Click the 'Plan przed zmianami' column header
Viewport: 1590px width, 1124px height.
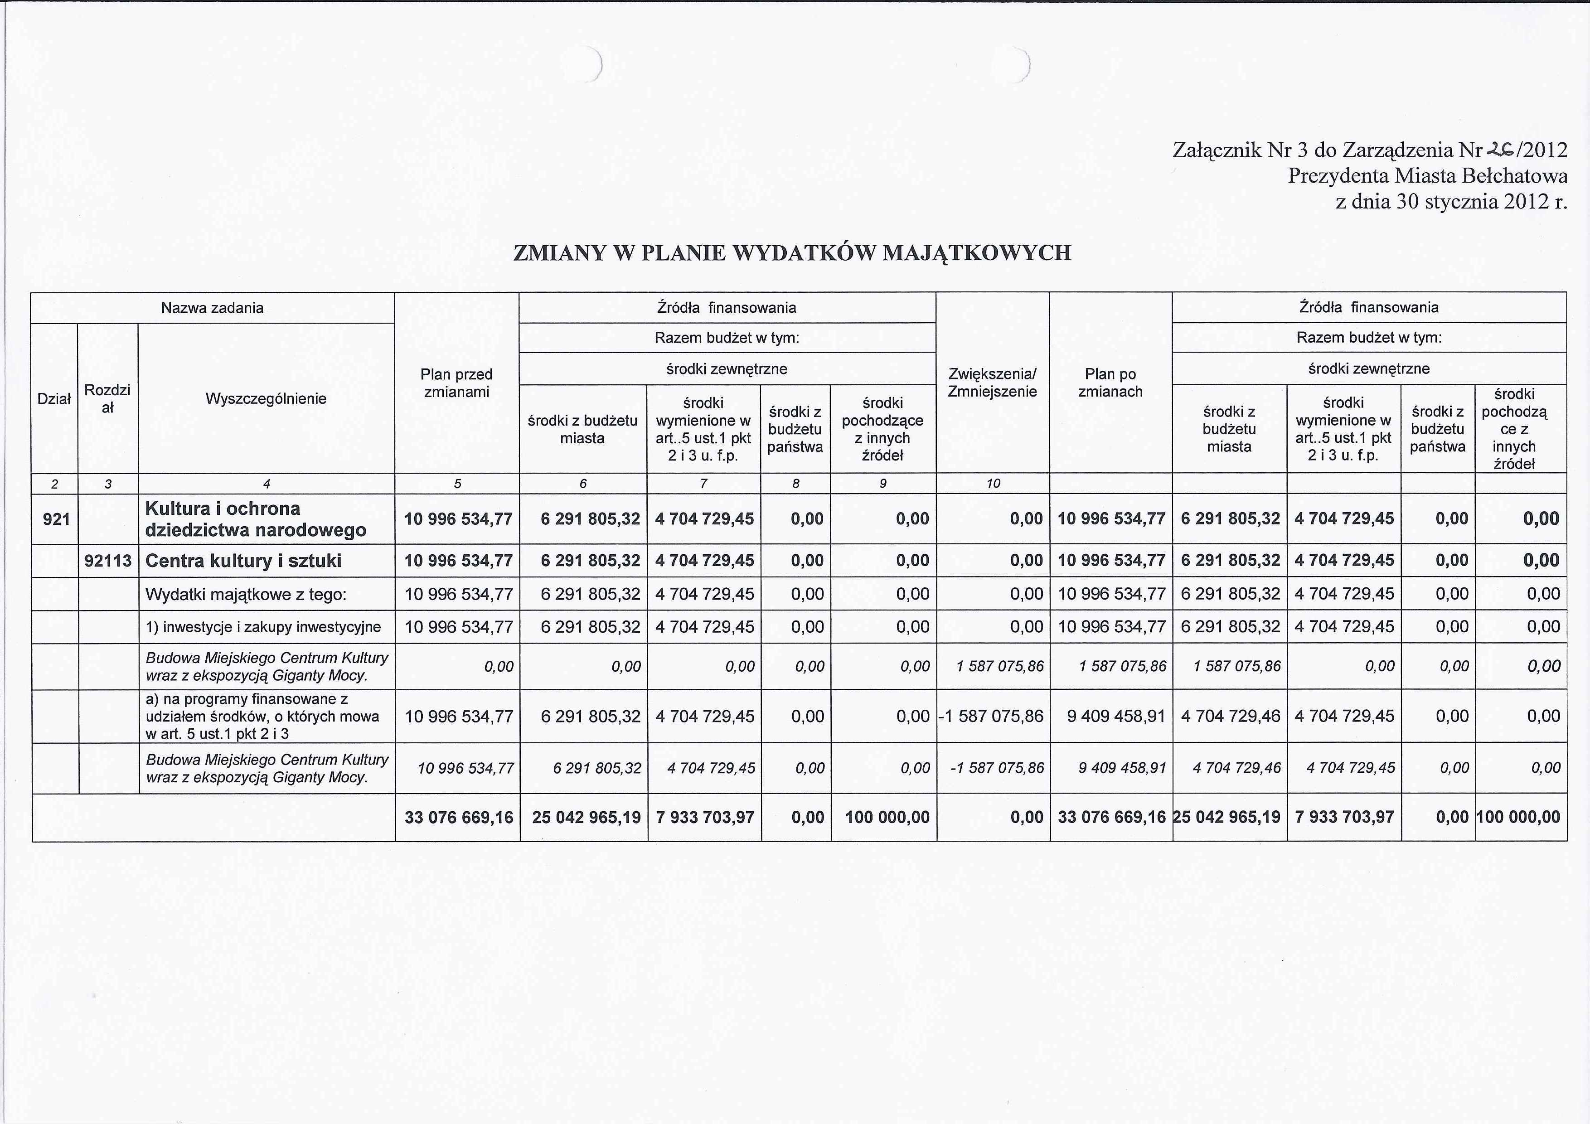click(456, 383)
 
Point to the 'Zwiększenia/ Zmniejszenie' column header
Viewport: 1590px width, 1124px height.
click(992, 383)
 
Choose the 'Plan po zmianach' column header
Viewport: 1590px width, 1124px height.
click(1110, 383)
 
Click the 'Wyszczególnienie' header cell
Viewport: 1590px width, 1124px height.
click(266, 399)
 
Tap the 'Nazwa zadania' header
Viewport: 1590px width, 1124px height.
click(212, 307)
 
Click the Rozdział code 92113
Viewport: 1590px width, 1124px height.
click(108, 560)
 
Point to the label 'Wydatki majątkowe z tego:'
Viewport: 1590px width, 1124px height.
click(246, 594)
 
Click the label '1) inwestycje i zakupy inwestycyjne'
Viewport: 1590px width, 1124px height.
click(263, 627)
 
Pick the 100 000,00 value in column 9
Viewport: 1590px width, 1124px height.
click(887, 817)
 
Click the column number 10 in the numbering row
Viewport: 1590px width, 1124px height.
click(993, 484)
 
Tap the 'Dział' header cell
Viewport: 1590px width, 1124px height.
click(54, 399)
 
